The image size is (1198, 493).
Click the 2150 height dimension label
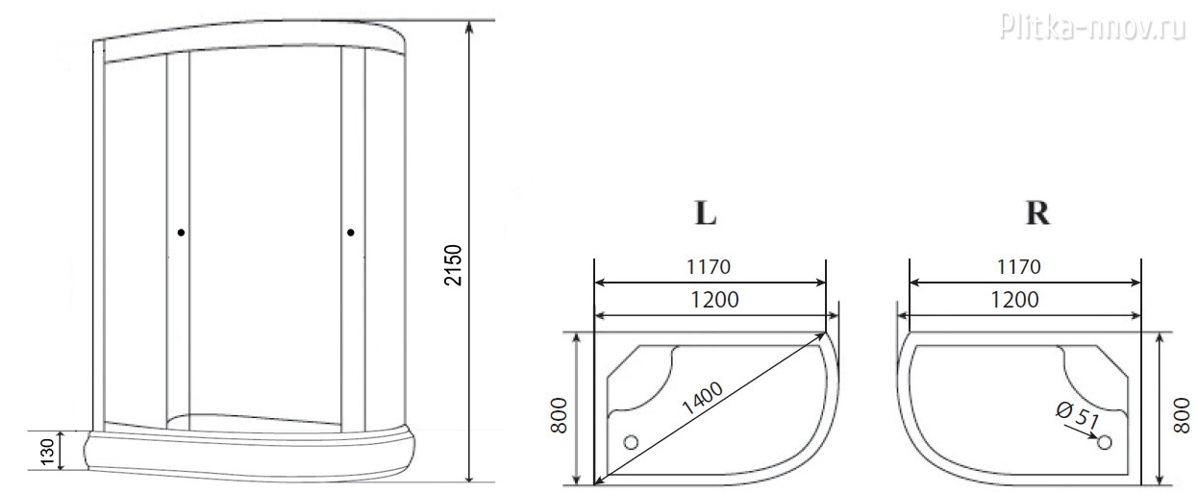tap(453, 264)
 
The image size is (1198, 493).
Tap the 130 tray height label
tap(48, 453)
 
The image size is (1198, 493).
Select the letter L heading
tap(706, 213)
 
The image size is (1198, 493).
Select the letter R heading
tap(1037, 213)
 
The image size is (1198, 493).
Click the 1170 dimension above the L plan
tap(709, 266)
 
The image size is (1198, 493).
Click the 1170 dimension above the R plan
tap(1019, 266)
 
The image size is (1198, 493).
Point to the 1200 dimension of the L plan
tap(715, 300)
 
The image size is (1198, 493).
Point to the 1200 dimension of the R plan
tap(1015, 300)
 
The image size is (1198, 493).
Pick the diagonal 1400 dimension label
tap(703, 399)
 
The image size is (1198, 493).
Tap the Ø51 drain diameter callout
tap(1078, 415)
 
